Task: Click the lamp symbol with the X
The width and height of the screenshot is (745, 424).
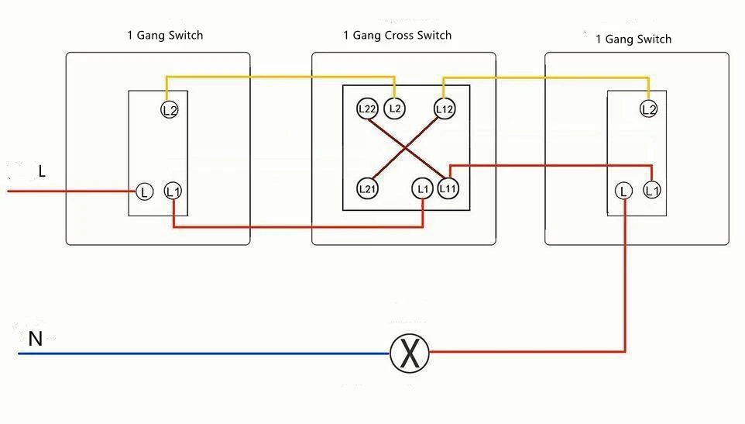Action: tap(410, 353)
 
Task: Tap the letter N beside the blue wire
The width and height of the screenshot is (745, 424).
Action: tap(36, 339)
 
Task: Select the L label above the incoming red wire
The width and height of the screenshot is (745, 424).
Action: tap(42, 171)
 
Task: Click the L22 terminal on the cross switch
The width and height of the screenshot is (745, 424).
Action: tap(367, 109)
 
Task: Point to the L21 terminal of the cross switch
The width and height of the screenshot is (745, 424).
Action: tap(367, 188)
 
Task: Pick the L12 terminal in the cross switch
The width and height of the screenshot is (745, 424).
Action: tap(445, 109)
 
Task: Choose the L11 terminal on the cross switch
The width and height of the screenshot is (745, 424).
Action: tap(448, 188)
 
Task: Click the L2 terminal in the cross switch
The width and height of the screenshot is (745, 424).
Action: tap(395, 109)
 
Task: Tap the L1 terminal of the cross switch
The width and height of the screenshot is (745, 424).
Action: tap(422, 188)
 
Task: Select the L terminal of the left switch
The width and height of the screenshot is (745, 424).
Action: tap(145, 192)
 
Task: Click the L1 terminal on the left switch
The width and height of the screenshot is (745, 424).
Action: tap(173, 191)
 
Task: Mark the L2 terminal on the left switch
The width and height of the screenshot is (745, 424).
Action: tap(170, 110)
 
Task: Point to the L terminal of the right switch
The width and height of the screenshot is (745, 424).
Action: tap(623, 191)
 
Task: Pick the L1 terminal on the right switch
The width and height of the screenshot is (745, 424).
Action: tap(652, 190)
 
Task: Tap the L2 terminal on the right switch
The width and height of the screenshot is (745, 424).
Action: tap(648, 109)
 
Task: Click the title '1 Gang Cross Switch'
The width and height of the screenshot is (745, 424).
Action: tap(397, 35)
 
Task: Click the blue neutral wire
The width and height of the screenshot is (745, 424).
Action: tap(204, 353)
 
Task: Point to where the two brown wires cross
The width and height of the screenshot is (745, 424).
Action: tap(405, 149)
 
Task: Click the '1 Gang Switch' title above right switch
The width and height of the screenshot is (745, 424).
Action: tap(633, 39)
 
